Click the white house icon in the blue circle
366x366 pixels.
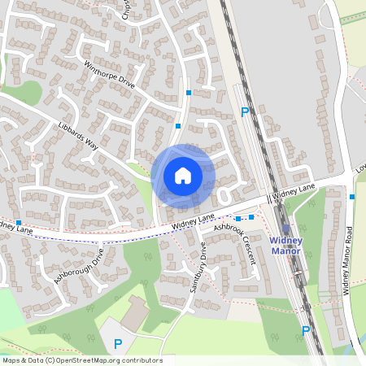(183, 176)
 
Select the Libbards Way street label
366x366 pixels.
(78, 134)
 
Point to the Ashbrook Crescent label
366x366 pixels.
(235, 245)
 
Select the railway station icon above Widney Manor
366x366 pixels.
(285, 230)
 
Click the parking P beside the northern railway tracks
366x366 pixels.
(243, 112)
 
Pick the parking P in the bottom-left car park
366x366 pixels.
(118, 344)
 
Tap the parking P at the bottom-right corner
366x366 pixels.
(306, 331)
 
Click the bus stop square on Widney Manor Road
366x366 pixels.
(351, 197)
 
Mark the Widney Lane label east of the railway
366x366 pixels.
(294, 190)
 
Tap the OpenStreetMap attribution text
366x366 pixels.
(81, 360)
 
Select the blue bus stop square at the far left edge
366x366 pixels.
(18, 222)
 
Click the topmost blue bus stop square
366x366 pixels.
(189, 93)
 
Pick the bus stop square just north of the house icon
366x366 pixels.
(178, 126)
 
